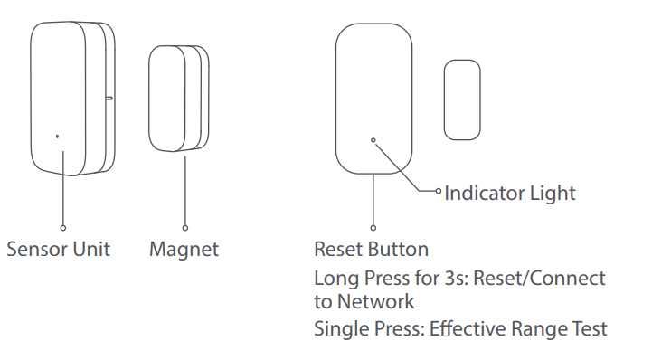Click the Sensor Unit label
tap(58, 249)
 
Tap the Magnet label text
tap(184, 249)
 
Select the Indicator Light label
tap(510, 193)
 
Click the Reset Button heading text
tap(371, 249)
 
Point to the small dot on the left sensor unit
tap(58, 137)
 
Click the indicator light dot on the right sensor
tap(373, 140)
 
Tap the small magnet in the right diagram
tap(462, 99)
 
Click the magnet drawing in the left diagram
tap(178, 98)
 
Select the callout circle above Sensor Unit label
tap(62, 227)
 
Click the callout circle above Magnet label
tap(184, 227)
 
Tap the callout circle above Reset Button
tap(373, 227)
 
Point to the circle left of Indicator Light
tap(439, 191)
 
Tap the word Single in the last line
tap(337, 328)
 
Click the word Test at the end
tap(591, 328)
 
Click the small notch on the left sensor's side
tap(109, 92)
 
